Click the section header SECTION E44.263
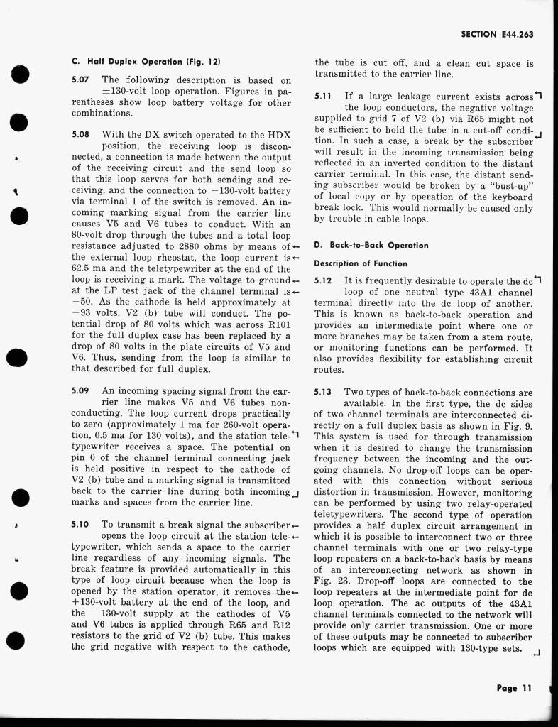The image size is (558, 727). click(496, 33)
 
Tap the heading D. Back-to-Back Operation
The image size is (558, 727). click(371, 245)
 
